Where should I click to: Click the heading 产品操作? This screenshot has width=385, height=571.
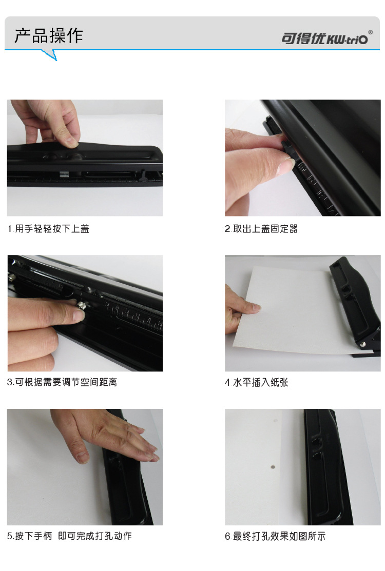pos(48,36)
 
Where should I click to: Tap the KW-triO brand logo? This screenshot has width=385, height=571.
pos(324,38)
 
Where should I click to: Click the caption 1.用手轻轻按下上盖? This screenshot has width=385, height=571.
pos(48,229)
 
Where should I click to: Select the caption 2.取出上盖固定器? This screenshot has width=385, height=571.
pos(261,229)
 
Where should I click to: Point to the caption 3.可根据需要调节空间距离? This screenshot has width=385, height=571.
pos(62,382)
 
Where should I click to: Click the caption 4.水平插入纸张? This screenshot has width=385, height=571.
pos(257,382)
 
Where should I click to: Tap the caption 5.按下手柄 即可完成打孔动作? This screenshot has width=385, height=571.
pos(69,536)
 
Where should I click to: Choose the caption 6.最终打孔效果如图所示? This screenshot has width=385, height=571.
pos(275,536)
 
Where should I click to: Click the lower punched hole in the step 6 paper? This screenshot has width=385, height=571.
pos(273,466)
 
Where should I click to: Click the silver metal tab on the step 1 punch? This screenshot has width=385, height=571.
pos(65,174)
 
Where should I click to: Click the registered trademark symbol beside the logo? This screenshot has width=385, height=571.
pos(371,32)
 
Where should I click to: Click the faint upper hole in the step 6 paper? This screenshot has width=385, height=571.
pos(275,421)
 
